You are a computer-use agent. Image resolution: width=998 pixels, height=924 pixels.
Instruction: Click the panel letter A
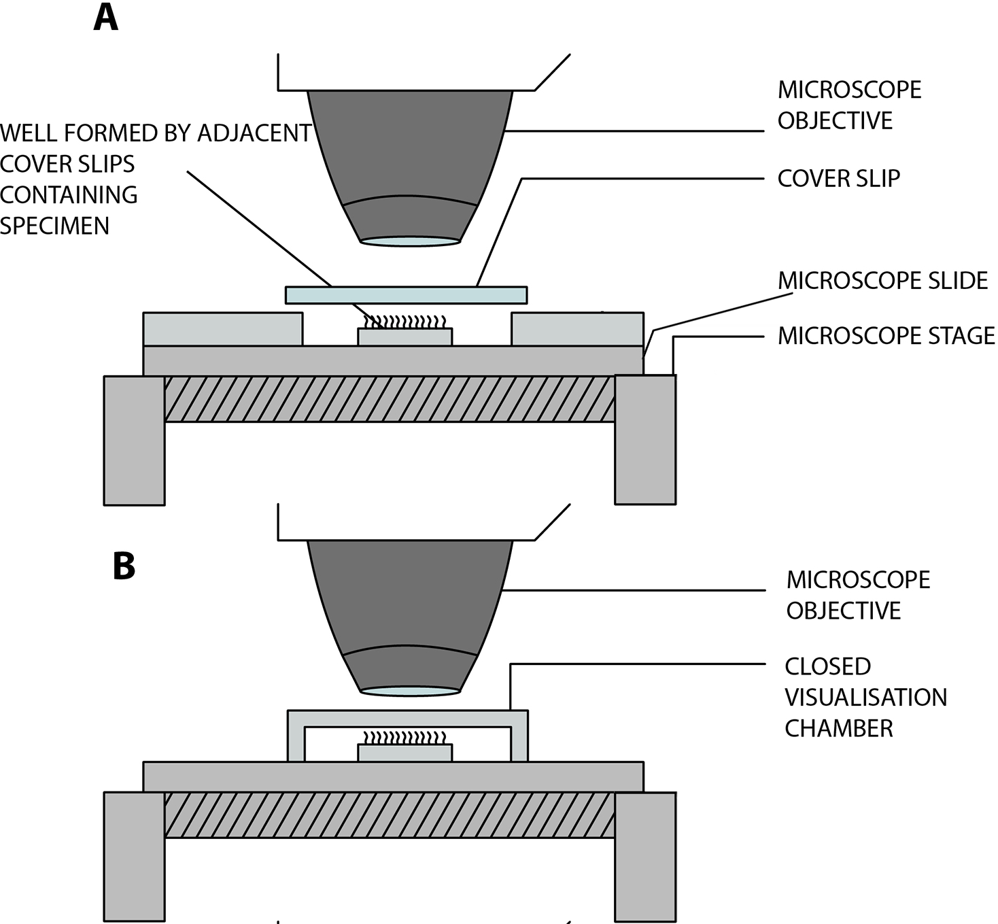(105, 18)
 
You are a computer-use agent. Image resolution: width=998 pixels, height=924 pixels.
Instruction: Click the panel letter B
(124, 566)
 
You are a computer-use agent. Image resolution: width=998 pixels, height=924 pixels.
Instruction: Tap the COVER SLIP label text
(839, 178)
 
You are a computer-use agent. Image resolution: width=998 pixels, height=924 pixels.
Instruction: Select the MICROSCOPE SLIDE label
(883, 281)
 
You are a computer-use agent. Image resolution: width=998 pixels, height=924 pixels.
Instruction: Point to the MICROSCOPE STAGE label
(887, 336)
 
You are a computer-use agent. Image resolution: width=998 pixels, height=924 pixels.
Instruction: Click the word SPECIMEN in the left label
(54, 226)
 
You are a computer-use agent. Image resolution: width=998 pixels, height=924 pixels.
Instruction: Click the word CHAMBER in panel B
(839, 728)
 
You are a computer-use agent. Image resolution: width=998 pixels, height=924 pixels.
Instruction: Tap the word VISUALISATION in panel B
(866, 698)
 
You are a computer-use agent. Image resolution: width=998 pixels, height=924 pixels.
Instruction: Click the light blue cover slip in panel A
(406, 295)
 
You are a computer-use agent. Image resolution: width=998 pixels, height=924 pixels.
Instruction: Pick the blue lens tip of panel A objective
(410, 241)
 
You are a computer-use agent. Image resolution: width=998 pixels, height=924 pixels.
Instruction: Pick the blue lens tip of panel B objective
(410, 691)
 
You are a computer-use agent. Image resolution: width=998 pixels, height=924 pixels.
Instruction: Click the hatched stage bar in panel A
(390, 399)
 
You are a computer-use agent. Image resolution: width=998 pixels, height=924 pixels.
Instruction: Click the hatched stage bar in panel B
(390, 815)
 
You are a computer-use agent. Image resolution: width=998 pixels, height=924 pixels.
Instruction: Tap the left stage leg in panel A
(134, 441)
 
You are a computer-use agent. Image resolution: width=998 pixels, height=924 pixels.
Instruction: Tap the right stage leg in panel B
(645, 857)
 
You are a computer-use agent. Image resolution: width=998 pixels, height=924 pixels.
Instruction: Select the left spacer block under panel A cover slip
(222, 329)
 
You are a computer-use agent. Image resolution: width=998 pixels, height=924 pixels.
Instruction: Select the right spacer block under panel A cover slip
(577, 329)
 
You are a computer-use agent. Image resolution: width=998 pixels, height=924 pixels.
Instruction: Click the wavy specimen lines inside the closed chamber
(405, 738)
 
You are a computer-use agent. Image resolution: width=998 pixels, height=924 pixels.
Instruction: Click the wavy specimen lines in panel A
(405, 322)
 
